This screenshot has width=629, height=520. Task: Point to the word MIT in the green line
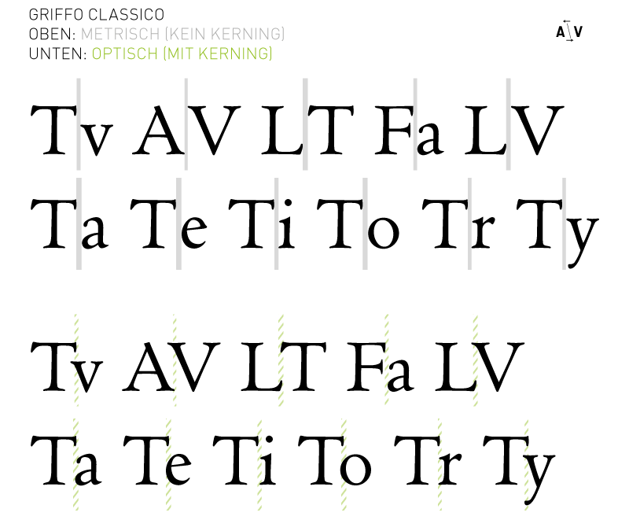pyautogui.click(x=178, y=54)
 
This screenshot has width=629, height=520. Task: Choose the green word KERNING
pyautogui.click(x=234, y=54)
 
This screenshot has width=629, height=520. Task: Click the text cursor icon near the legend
pyautogui.click(x=569, y=31)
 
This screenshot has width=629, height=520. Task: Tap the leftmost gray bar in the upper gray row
pyautogui.click(x=79, y=124)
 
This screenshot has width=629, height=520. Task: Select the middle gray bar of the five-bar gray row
pyautogui.click(x=305, y=124)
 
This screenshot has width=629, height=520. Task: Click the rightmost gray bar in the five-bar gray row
pyautogui.click(x=508, y=124)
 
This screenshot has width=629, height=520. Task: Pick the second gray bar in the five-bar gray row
pyautogui.click(x=186, y=124)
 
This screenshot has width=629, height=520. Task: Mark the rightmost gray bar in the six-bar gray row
pyautogui.click(x=564, y=223)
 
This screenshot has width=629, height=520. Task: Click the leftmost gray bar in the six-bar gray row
pyautogui.click(x=79, y=223)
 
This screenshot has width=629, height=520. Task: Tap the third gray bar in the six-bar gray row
pyautogui.click(x=277, y=223)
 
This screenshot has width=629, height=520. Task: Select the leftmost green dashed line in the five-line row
pyautogui.click(x=75, y=360)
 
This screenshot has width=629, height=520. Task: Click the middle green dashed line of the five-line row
pyautogui.click(x=281, y=360)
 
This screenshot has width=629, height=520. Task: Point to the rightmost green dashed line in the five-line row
pyautogui.click(x=475, y=360)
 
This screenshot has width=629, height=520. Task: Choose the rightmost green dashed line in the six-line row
pyautogui.click(x=526, y=464)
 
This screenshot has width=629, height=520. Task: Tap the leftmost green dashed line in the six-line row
pyautogui.click(x=75, y=464)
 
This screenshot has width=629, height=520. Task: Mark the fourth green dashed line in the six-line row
pyautogui.click(x=344, y=464)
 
